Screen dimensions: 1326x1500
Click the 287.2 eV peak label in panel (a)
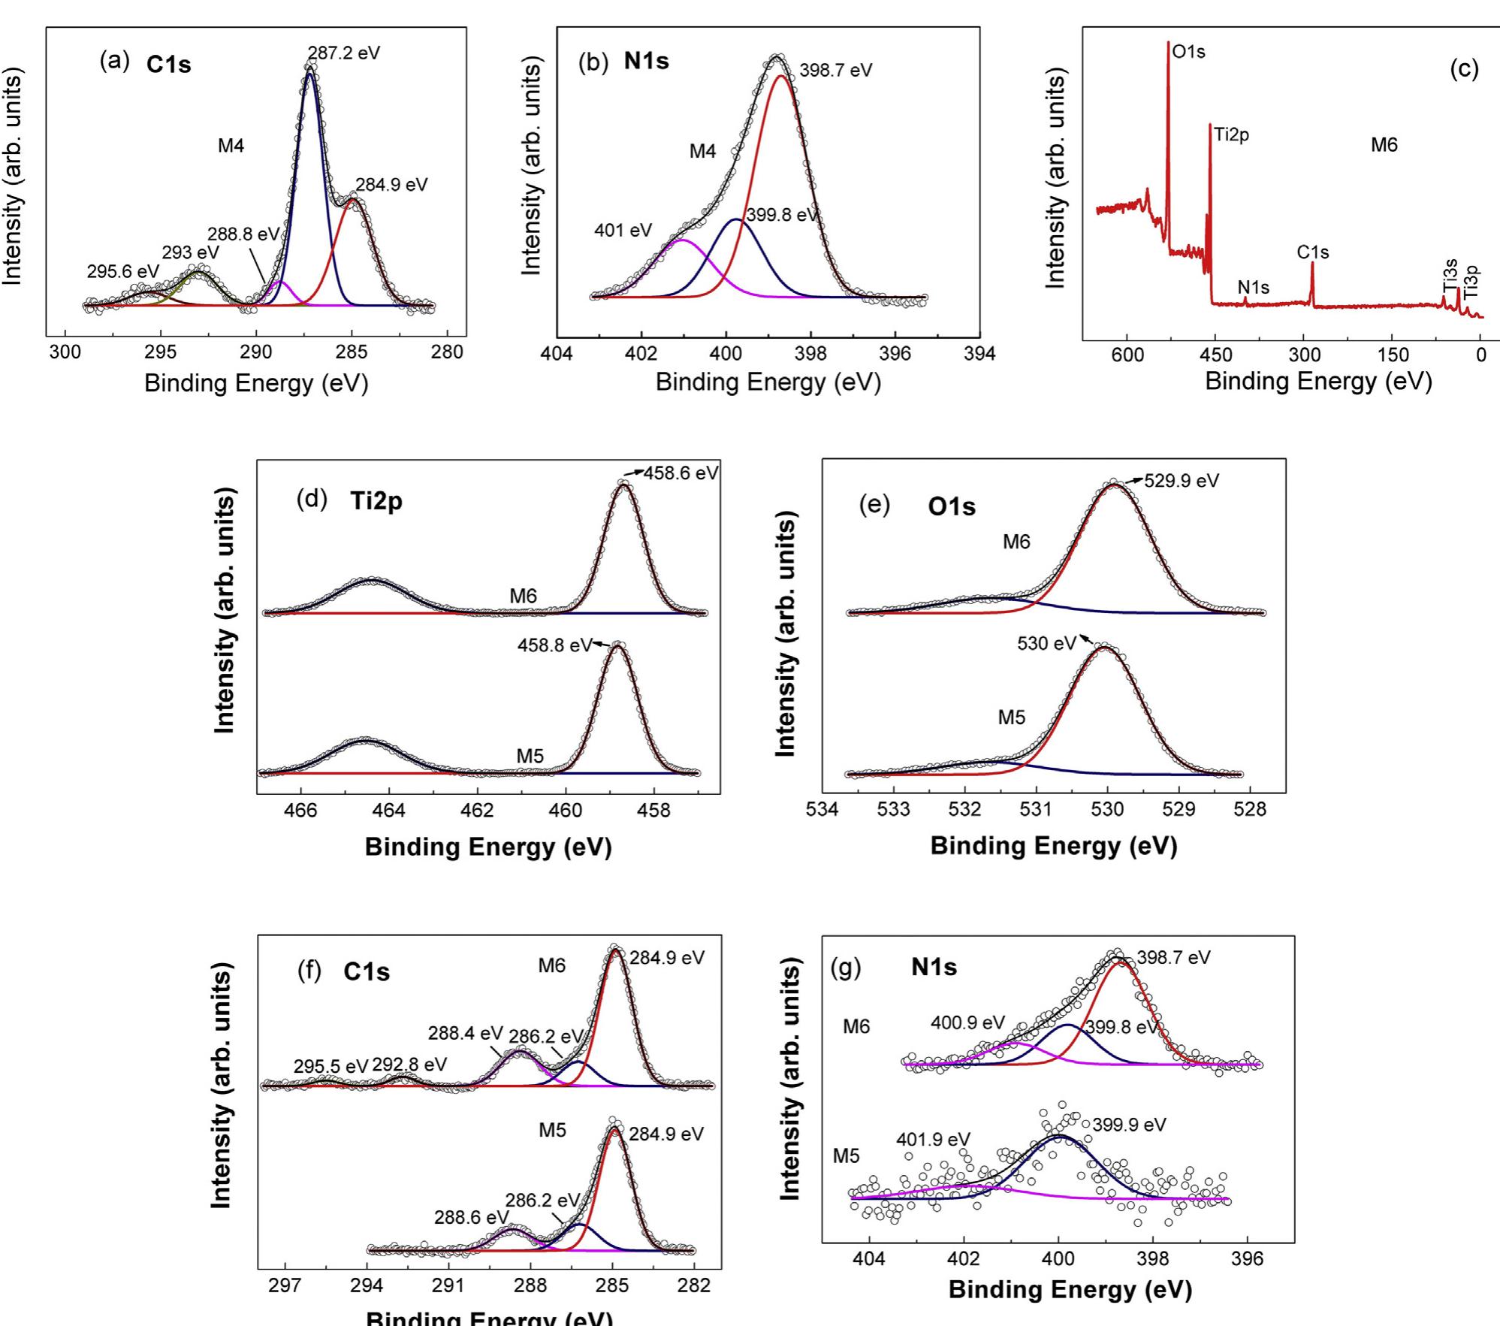pyautogui.click(x=344, y=53)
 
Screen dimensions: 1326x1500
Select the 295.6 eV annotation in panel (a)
pyautogui.click(x=122, y=272)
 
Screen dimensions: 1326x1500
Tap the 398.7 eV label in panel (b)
pyautogui.click(x=835, y=71)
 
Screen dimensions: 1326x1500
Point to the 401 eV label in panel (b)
pyautogui.click(x=623, y=230)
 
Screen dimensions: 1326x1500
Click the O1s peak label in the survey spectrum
pyautogui.click(x=1188, y=52)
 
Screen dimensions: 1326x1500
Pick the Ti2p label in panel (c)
pyautogui.click(x=1232, y=135)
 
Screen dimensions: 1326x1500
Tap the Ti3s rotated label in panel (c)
pyautogui.click(x=1450, y=274)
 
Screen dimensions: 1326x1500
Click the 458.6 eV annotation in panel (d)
pyautogui.click(x=681, y=473)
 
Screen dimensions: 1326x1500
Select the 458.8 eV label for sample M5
pyautogui.click(x=554, y=645)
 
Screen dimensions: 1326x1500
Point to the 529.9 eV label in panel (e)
pyautogui.click(x=1181, y=481)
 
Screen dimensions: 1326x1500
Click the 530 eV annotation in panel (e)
pyautogui.click(x=1046, y=644)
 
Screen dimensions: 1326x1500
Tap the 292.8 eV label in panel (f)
pyautogui.click(x=409, y=1065)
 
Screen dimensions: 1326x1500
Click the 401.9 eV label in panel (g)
pyautogui.click(x=932, y=1140)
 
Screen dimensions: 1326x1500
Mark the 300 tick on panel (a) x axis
pyautogui.click(x=65, y=352)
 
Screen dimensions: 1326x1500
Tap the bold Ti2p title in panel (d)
pyautogui.click(x=376, y=501)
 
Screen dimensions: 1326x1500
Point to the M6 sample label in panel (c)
pyautogui.click(x=1384, y=145)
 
